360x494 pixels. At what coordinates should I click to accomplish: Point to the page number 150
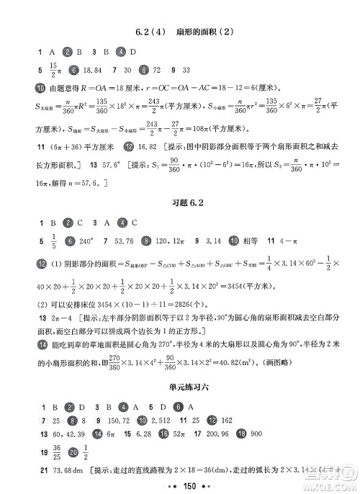coord(180,482)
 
